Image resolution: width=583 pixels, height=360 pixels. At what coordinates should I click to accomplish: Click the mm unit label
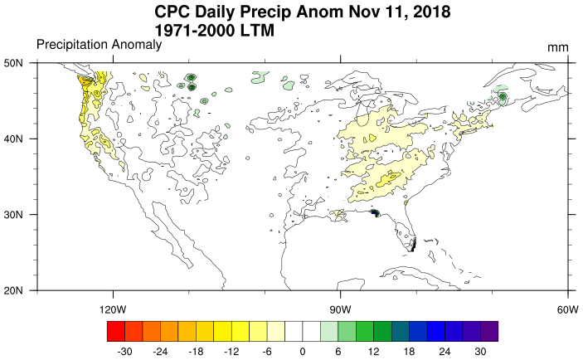point(557,47)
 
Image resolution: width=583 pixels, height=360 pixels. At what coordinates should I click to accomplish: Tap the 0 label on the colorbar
point(303,351)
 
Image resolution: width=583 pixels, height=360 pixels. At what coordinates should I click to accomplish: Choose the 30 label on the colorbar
point(480,351)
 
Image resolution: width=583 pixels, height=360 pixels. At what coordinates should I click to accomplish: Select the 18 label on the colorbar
point(409,351)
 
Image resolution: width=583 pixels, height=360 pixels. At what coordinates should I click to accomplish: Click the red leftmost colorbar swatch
point(115,331)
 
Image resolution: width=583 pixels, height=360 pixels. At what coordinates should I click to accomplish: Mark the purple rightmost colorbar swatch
point(489,331)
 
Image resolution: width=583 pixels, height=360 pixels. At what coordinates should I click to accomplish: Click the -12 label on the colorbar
point(231,351)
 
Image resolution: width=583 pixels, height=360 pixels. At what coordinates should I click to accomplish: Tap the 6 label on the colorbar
point(338,351)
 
